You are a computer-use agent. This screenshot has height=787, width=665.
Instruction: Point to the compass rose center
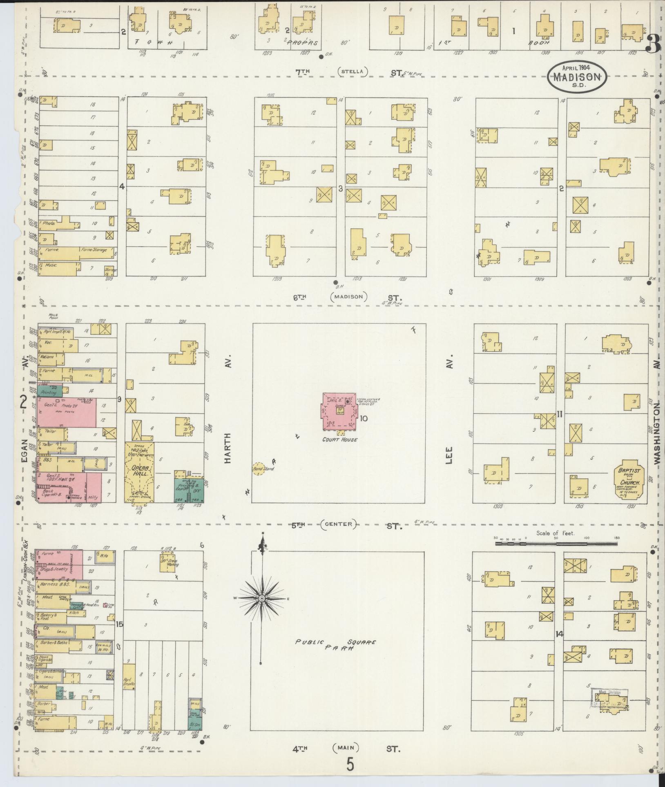(x=261, y=598)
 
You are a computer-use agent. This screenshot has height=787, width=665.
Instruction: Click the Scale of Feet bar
(x=556, y=544)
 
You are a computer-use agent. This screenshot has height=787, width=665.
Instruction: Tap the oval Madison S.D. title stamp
(x=577, y=76)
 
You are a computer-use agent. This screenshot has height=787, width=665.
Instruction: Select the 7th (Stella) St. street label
(x=351, y=72)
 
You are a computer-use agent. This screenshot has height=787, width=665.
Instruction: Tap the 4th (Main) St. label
(x=345, y=749)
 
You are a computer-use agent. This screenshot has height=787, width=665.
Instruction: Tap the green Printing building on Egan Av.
(x=49, y=392)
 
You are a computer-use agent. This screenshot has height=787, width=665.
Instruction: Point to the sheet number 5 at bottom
(x=350, y=765)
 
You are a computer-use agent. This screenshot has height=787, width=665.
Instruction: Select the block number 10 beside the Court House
(x=364, y=418)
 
